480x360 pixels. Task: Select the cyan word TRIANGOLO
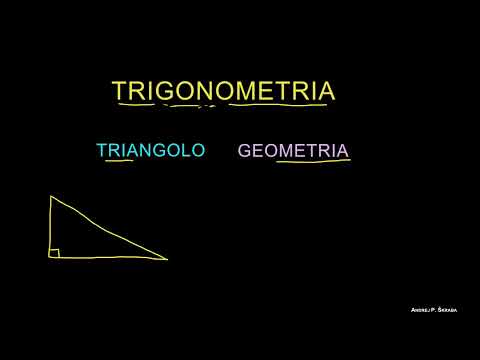point(150,150)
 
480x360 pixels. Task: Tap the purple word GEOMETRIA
point(293,151)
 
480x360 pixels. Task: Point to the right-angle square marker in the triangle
point(57,253)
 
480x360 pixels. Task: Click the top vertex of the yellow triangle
point(52,198)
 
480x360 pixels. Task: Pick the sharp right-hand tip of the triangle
point(166,259)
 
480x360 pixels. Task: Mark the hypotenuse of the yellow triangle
point(110,229)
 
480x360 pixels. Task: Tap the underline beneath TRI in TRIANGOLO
point(119,163)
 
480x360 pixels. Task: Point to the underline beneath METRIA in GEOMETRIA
point(312,163)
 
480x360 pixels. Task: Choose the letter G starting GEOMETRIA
point(246,151)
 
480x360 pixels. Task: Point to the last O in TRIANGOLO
point(197,150)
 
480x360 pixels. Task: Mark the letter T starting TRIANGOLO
point(102,150)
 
